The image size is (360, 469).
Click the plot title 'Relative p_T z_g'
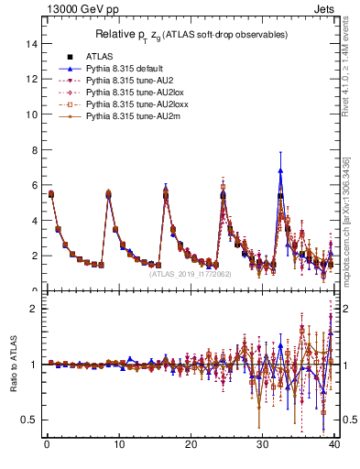click(191, 35)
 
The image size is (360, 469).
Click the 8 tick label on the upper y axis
click(33, 150)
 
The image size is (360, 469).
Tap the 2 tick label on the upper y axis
click(33, 256)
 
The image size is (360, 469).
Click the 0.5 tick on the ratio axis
click(28, 420)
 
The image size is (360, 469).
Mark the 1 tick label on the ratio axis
click(33, 365)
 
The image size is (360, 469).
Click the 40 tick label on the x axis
click(334, 446)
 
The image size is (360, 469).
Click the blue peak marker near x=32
click(280, 170)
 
